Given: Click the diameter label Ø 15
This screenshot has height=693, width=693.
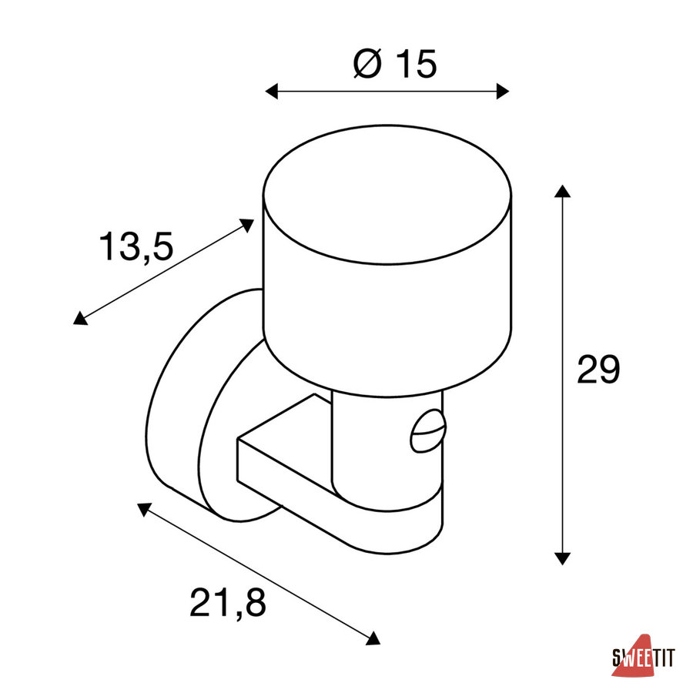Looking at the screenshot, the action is point(395,64).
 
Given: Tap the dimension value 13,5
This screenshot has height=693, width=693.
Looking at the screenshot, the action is point(136,246).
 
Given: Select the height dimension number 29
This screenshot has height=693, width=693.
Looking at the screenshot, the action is point(598,369).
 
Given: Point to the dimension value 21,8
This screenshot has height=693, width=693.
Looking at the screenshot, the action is point(228,602).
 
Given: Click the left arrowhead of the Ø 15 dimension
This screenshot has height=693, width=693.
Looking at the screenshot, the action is point(271,92).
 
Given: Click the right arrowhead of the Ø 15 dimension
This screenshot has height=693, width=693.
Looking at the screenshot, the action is point(503,92).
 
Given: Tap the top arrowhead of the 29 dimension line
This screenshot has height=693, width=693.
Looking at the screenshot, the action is point(562,192).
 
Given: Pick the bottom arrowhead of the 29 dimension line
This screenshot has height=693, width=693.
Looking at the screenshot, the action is point(562,558).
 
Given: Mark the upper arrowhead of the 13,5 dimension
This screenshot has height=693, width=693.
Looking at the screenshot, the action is point(246,225).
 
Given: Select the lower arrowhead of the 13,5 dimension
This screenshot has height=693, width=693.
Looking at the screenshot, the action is point(80,318).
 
